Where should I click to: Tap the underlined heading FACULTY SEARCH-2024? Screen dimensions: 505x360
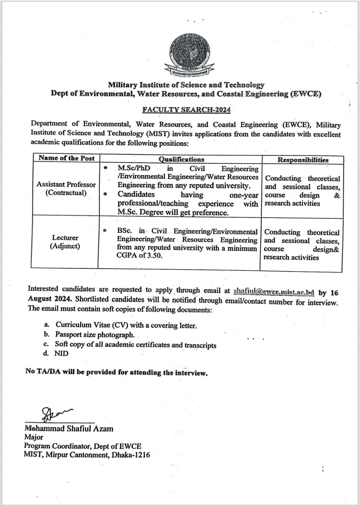pos(186,110)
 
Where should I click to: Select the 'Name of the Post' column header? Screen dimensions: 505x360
pos(66,158)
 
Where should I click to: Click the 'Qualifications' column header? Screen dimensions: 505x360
pos(181,159)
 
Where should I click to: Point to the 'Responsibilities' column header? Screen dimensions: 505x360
pos(303,160)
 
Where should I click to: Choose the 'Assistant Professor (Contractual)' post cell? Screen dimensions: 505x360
pos(66,189)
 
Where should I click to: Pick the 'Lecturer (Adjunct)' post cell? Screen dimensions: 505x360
pos(65,242)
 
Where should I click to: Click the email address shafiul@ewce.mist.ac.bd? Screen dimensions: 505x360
pos(274,291)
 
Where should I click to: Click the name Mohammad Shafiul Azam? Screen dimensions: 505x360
pos(69,429)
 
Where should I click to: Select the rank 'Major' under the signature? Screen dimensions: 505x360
pos(34,437)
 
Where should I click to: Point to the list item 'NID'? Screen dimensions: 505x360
pos(61,353)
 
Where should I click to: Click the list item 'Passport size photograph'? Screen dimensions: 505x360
pos(95,335)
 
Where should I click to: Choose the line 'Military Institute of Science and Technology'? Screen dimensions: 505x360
pos(186,85)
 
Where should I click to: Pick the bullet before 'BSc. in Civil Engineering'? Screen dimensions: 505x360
pos(105,230)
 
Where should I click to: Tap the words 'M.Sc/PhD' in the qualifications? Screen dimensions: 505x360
pos(134,168)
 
